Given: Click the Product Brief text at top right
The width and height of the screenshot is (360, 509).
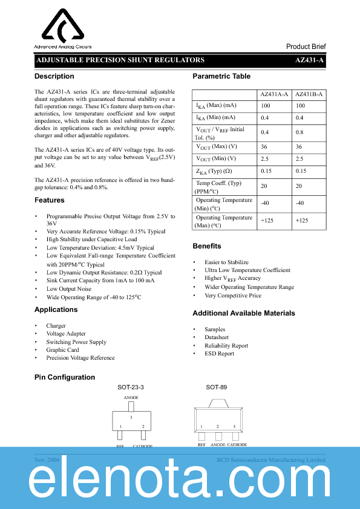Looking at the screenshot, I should click(306, 47).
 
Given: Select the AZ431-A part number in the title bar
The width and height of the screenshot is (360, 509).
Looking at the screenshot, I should click(310, 60).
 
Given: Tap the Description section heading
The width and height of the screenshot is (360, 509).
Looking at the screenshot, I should click(54, 76).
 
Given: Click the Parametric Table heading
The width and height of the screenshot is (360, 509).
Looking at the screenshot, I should click(221, 76).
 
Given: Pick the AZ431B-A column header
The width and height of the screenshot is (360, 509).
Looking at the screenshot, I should click(309, 94).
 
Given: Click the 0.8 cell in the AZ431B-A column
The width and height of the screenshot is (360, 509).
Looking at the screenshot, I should click(299, 132).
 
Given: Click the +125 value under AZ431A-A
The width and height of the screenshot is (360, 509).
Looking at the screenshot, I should click(267, 221).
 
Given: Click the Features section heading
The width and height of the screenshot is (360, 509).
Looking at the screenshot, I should click(50, 200).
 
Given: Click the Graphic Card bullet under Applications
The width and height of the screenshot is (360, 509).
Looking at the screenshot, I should click(62, 349).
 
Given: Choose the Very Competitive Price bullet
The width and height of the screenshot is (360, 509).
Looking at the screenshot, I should click(233, 296).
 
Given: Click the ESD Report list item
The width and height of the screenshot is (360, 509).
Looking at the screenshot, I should click(219, 354).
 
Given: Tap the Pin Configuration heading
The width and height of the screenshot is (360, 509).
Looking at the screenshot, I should click(65, 377).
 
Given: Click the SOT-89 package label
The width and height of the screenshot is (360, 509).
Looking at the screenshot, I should click(216, 387).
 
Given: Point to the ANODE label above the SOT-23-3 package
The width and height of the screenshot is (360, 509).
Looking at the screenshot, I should click(131, 398).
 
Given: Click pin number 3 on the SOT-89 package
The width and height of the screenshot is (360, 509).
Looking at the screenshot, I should click(234, 427).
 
